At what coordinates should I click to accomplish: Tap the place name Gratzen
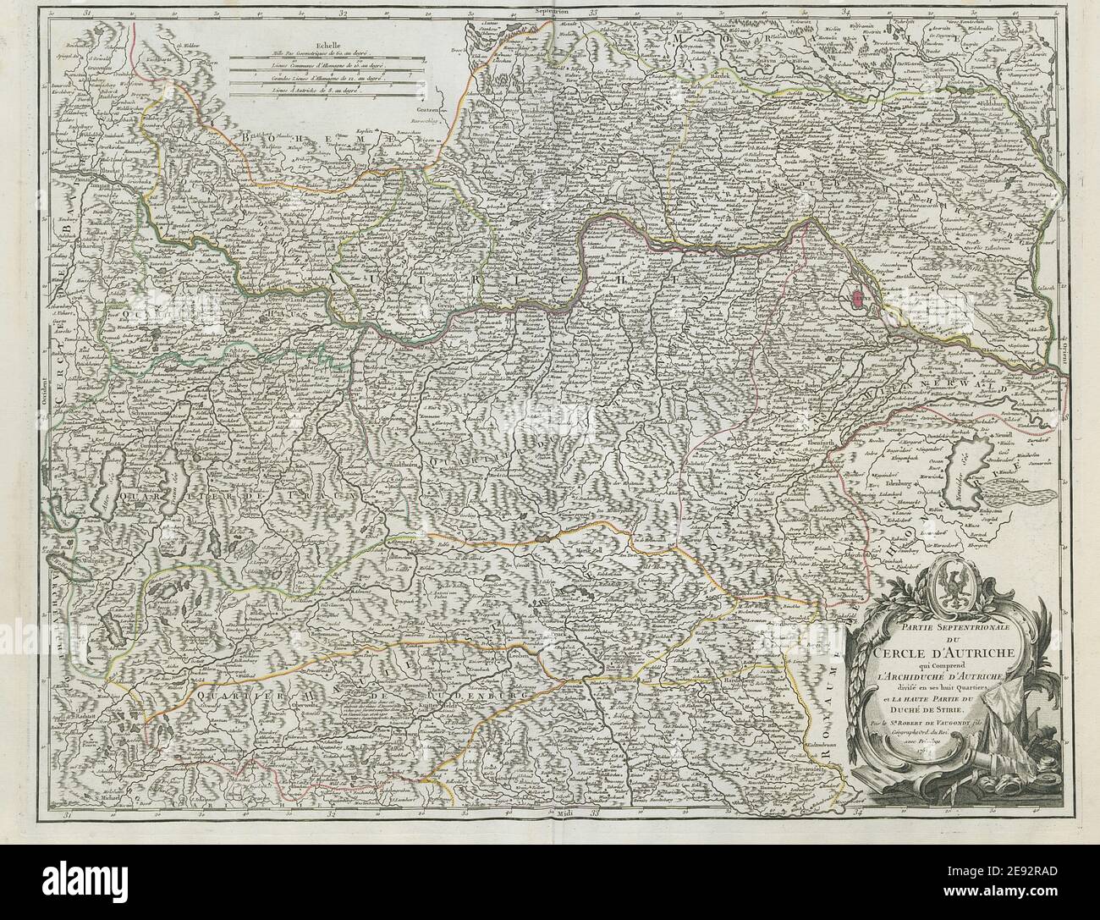click(410, 110)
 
